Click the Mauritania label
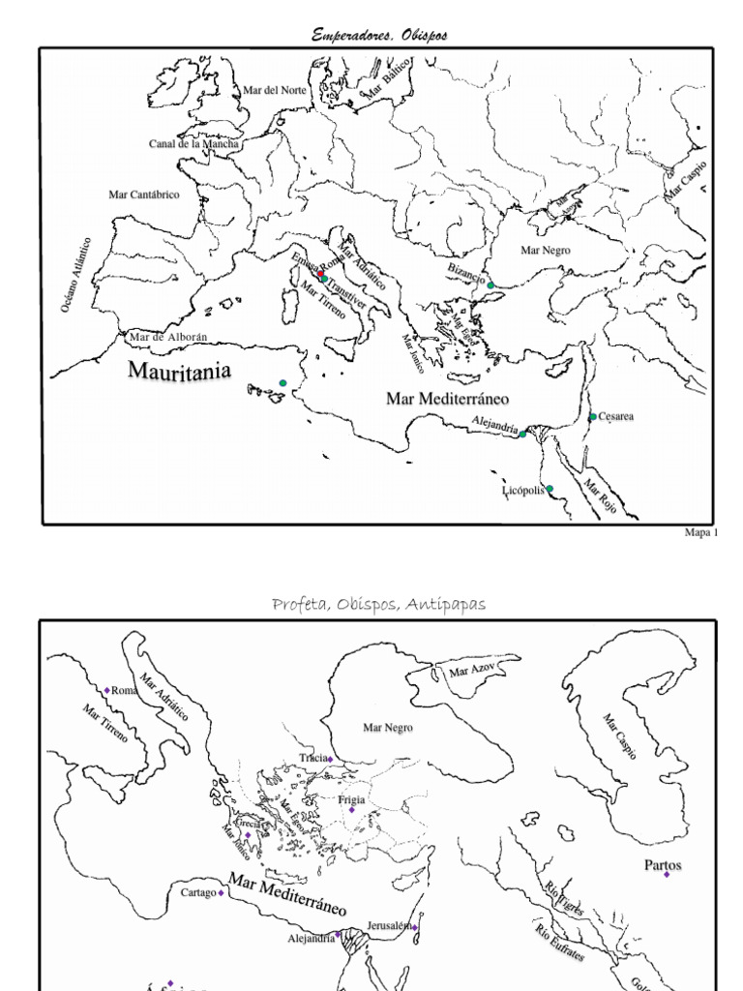(180, 370)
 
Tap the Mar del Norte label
(274, 90)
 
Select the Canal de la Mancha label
(193, 144)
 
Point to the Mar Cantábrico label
(144, 195)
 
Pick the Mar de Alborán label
(167, 338)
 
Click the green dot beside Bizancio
(490, 285)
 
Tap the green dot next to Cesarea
(593, 417)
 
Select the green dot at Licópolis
(550, 489)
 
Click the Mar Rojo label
(600, 495)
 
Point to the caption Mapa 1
(701, 532)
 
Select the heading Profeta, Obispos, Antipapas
(379, 605)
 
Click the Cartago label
(197, 893)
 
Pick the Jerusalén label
(390, 926)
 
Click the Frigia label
(351, 800)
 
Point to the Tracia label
(312, 758)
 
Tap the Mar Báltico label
(387, 77)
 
